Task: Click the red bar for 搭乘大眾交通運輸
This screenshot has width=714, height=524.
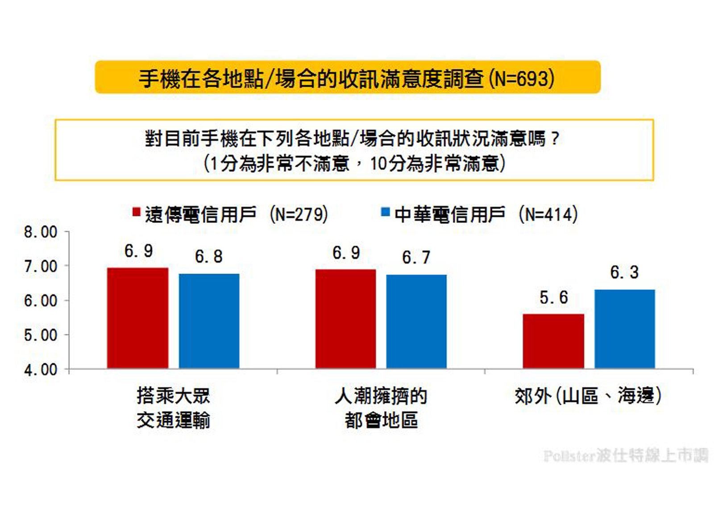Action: coord(137,318)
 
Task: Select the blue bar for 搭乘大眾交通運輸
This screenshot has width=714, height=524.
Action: coord(209,321)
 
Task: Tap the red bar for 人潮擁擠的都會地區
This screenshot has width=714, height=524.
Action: coord(345,319)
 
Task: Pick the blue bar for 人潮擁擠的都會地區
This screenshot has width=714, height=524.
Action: coord(416,322)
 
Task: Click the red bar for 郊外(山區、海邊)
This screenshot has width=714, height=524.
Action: coord(553,341)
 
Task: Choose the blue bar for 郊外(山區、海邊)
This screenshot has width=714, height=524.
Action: coord(624,329)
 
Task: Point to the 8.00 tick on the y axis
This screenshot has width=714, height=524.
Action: coord(41,232)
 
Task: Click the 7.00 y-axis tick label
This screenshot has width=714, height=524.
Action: coord(41,266)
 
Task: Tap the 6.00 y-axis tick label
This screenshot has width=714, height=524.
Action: coord(41,301)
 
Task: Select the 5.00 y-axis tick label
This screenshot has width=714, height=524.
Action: coord(41,335)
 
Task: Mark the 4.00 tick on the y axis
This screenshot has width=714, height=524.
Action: coord(41,370)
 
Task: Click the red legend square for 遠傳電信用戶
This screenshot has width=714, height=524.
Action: coord(137,212)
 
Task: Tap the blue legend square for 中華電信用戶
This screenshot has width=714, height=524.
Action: coord(386,212)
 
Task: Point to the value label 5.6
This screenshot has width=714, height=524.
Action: coord(553,298)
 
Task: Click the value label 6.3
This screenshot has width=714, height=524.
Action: coord(624,272)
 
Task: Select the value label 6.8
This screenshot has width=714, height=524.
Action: coord(209,257)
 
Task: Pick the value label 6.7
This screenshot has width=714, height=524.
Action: coord(416,258)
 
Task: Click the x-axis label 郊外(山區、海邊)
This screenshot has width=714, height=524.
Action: coord(587,396)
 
